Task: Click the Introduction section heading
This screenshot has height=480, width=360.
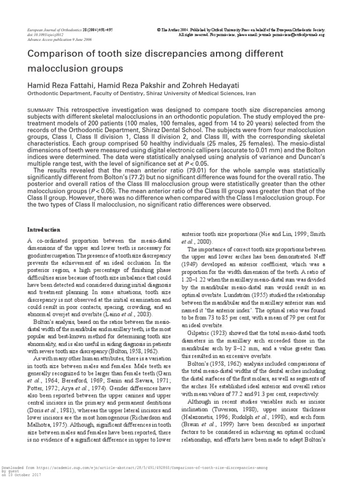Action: [43, 230]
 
